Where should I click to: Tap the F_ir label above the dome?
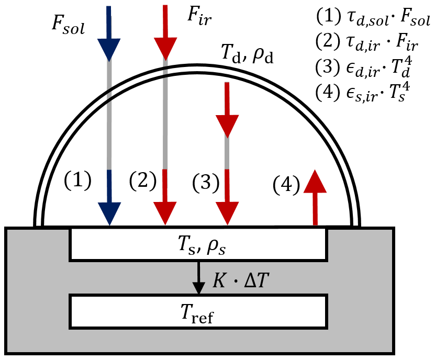(199, 16)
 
